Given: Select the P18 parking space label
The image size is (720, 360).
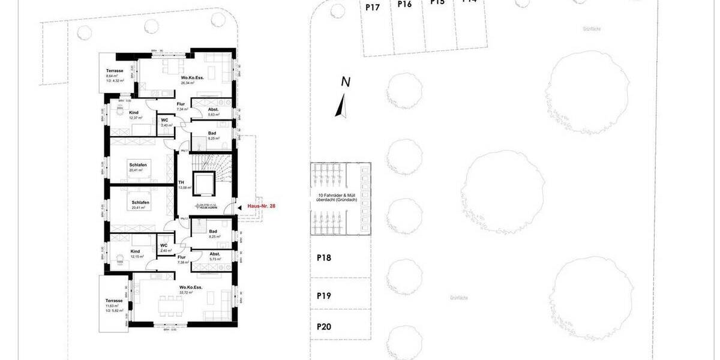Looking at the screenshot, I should (x=324, y=258).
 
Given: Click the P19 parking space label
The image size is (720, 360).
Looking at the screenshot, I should (x=324, y=296).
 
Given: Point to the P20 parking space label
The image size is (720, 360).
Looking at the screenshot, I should (x=324, y=327).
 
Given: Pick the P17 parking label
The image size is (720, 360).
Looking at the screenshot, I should (x=373, y=8).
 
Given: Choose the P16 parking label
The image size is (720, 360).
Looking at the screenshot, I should (x=405, y=4).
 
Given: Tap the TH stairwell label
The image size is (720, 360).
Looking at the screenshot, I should (x=181, y=183).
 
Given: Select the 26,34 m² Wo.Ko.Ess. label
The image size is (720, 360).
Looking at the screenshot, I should (x=191, y=82).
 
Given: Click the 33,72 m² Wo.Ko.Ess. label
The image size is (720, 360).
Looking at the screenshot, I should (x=191, y=290).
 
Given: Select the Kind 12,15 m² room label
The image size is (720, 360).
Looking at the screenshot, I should (x=135, y=254).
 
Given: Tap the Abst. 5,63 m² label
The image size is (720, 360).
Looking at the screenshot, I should (x=213, y=112).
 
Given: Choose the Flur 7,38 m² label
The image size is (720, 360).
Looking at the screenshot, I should (x=181, y=259).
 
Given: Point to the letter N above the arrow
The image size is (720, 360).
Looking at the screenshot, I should (x=345, y=82).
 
